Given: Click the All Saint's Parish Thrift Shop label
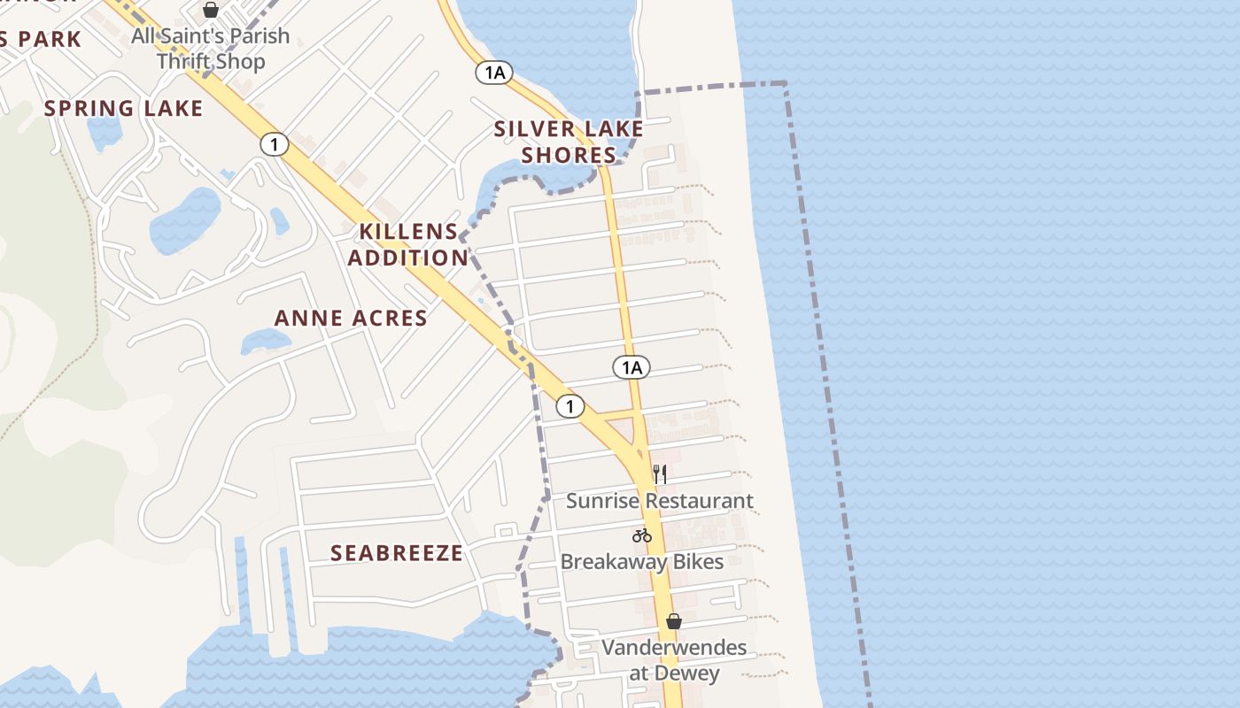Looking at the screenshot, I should coord(211,49).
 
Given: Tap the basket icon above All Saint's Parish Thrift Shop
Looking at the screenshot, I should coord(211,10).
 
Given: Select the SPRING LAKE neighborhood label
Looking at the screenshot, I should coord(124,109).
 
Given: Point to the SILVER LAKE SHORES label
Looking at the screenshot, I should coord(569,142).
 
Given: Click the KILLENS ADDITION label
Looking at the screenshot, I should coord(408,244).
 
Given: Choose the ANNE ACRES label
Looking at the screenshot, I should coord(351,319).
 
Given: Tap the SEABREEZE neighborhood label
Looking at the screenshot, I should coord(397,553).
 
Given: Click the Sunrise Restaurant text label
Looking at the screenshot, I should coord(659,501).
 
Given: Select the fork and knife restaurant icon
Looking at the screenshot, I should coord(659,474).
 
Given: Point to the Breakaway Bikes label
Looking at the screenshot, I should coord(642,562).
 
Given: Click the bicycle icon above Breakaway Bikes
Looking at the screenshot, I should coord(642,535).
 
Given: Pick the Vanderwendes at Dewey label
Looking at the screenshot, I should coord(674,659).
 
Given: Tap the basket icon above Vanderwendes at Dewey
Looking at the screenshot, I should coord(674,621).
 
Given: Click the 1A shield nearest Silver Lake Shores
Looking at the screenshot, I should coord(494,73).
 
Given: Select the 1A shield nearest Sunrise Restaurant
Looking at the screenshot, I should coord(631,367).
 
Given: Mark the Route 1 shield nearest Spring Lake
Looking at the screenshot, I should coord(275,144).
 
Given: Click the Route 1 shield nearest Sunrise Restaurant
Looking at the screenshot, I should coord(570,406).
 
